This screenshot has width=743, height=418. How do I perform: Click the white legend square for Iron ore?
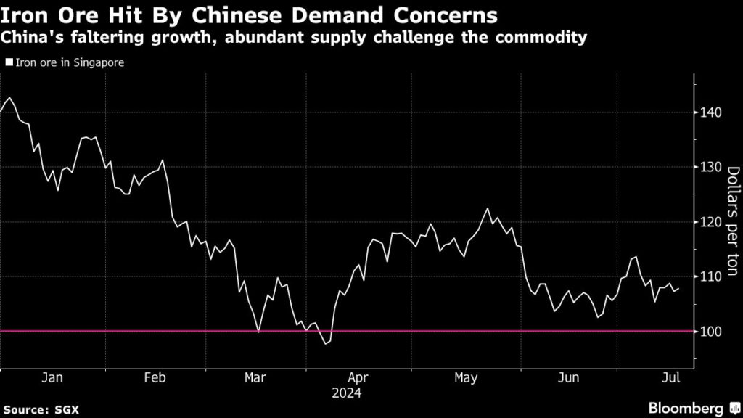(8, 63)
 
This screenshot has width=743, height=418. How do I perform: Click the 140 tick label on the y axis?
(710, 112)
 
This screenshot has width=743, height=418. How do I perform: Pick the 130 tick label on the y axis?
(710, 168)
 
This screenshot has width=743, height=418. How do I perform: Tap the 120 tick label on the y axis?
(710, 222)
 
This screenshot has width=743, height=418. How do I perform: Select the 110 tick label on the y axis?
(710, 277)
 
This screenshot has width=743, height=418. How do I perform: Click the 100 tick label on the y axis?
(710, 332)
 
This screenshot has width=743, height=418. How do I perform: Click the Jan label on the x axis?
(52, 378)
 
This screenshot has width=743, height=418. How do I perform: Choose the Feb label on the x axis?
(155, 378)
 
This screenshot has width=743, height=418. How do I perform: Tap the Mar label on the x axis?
(255, 378)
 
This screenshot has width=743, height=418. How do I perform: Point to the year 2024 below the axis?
(348, 393)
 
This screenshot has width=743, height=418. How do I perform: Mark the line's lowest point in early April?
(326, 344)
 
